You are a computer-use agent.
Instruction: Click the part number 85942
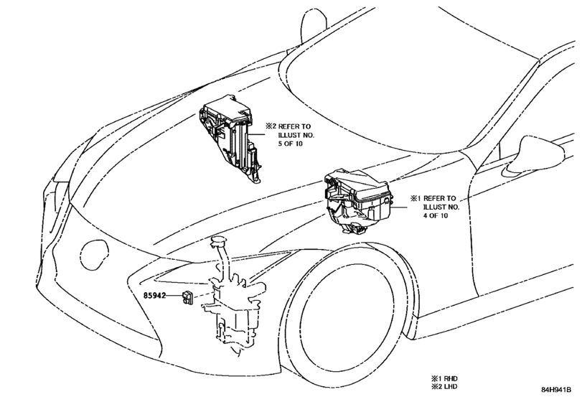pyautogui.click(x=155, y=296)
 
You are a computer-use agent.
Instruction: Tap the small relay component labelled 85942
pyautogui.click(x=187, y=297)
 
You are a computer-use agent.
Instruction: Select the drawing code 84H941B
pyautogui.click(x=555, y=390)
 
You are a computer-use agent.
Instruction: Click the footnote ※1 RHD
pyautogui.click(x=444, y=378)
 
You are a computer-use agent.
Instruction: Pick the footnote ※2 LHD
pyautogui.click(x=444, y=386)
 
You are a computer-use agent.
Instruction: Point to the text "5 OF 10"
pyautogui.click(x=291, y=144)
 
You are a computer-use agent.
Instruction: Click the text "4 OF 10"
pyautogui.click(x=436, y=215)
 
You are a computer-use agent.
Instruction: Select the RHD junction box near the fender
pyautogui.click(x=357, y=202)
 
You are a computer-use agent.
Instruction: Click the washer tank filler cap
pyautogui.click(x=219, y=240)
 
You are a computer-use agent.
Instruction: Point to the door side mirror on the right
pyautogui.click(x=534, y=156)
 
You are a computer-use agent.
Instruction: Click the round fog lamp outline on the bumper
pyautogui.click(x=95, y=254)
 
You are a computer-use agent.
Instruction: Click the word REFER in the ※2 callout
pyautogui.click(x=289, y=126)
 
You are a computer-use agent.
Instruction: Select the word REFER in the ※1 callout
pyautogui.click(x=434, y=198)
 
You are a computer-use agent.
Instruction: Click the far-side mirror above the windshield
pyautogui.click(x=314, y=20)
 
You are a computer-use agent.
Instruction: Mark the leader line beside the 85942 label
pyautogui.click(x=174, y=296)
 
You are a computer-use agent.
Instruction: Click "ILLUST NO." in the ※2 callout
pyautogui.click(x=296, y=135)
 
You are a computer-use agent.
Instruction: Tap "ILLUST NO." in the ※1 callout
pyautogui.click(x=441, y=207)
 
